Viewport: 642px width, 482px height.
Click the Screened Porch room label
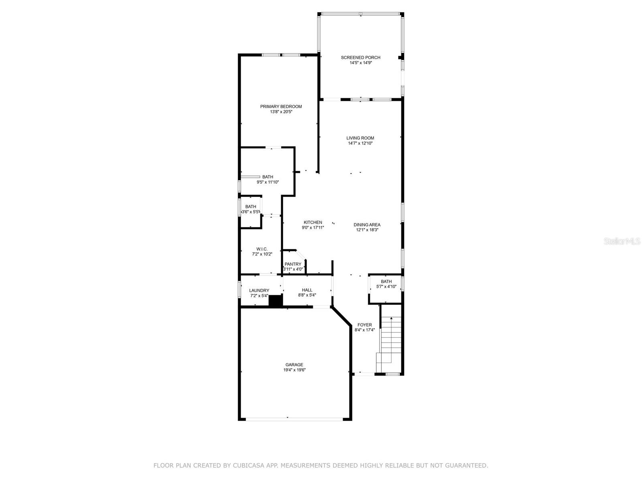tap(360, 58)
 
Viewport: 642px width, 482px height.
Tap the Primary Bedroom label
tap(281, 106)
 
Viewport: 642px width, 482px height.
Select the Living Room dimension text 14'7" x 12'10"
tap(360, 143)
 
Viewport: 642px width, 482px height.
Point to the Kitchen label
tap(313, 223)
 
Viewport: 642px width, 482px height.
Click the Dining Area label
tap(367, 225)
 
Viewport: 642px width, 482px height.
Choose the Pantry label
tap(293, 264)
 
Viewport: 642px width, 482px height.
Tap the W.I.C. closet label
tap(262, 249)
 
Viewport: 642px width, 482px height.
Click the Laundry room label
tap(259, 290)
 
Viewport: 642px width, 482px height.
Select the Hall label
tap(307, 290)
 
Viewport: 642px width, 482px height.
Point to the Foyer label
tap(364, 325)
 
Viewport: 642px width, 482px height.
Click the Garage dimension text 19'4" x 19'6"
tap(294, 370)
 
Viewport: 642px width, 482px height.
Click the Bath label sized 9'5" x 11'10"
tap(268, 177)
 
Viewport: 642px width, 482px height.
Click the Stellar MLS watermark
tap(622, 241)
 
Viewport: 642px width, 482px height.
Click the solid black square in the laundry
tap(275, 301)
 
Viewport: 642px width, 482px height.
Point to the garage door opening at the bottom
tap(294, 419)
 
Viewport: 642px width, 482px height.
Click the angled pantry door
tap(301, 255)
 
